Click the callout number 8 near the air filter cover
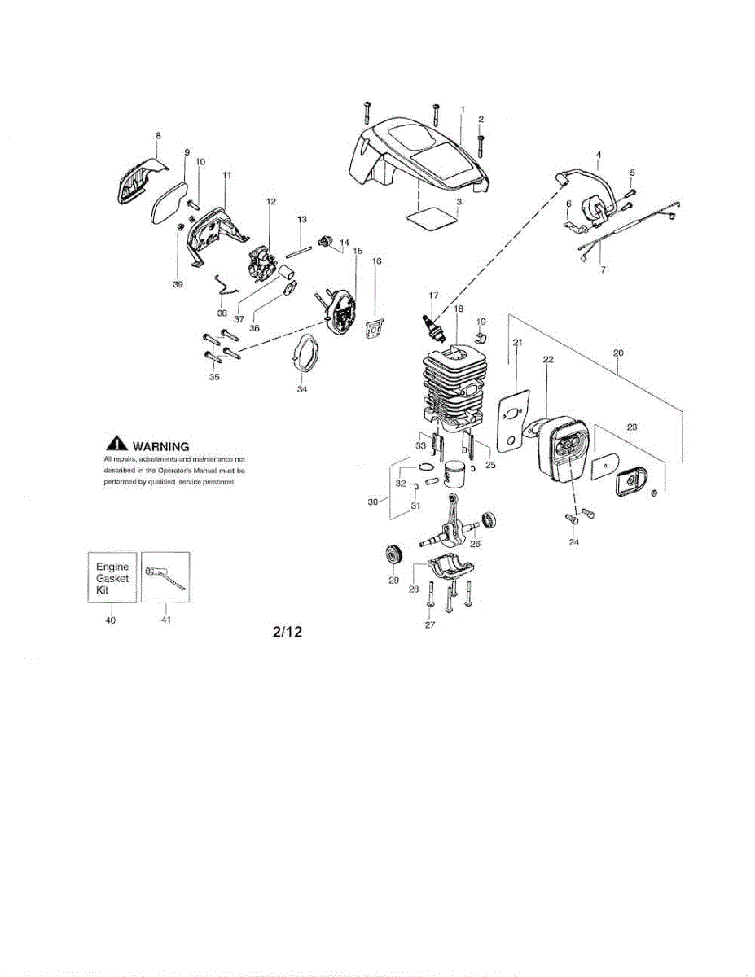tap(158, 135)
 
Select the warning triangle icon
tap(117, 445)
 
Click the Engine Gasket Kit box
tap(112, 576)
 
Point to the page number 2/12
tap(288, 632)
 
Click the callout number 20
tap(618, 353)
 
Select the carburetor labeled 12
tap(266, 256)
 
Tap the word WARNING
tap(160, 445)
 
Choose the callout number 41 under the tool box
tap(165, 620)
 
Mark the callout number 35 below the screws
tap(214, 377)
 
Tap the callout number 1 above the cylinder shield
tap(462, 109)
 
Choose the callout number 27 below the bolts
tap(430, 624)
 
